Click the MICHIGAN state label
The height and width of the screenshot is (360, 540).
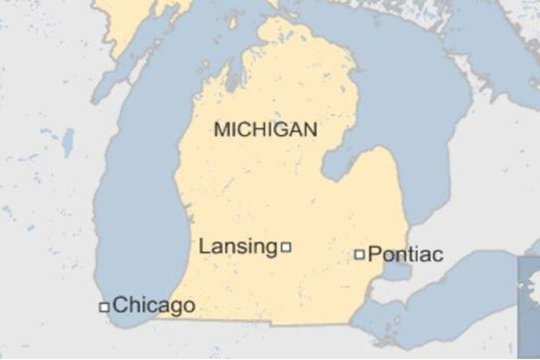point(265,130)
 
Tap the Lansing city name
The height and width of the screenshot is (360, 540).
point(238,247)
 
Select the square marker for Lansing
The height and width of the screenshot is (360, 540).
point(286,247)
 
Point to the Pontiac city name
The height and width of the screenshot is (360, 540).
point(405,254)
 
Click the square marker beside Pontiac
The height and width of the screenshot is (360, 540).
point(359,254)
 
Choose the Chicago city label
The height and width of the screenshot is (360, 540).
point(154,305)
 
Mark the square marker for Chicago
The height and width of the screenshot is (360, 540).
point(103,307)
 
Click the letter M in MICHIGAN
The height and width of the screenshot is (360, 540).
point(221,130)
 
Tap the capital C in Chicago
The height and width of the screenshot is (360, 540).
point(120,305)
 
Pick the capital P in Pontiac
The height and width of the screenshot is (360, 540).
point(374,254)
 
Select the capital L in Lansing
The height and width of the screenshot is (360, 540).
point(204,247)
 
